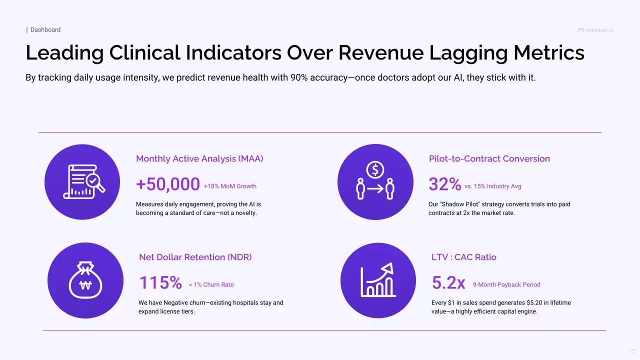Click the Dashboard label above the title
pyautogui.click(x=45, y=30)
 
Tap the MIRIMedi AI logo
pyautogui.click(x=595, y=30)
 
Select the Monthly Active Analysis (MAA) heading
pyautogui.click(x=199, y=158)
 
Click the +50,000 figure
pyautogui.click(x=168, y=184)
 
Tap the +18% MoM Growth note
pyautogui.click(x=230, y=186)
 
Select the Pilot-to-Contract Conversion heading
pyautogui.click(x=489, y=158)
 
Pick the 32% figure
pyautogui.click(x=444, y=184)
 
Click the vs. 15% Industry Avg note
pyautogui.click(x=492, y=186)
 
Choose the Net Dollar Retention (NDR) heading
pyautogui.click(x=195, y=257)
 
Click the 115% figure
pyautogui.click(x=160, y=283)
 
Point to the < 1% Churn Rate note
pyautogui.click(x=211, y=285)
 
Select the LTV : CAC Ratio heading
pyautogui.click(x=464, y=257)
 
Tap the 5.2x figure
pyautogui.click(x=448, y=283)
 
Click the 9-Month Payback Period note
pyautogui.click(x=506, y=285)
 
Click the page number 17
pyautogui.click(x=632, y=352)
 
